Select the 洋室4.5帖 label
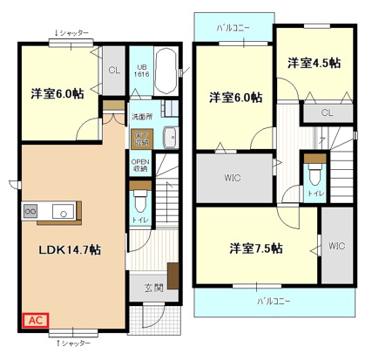[x=315, y=64]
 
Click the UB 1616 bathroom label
[x=140, y=72]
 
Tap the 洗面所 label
[x=141, y=115]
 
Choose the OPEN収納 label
[x=140, y=165]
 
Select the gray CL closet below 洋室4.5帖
[x=327, y=112]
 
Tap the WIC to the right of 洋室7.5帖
[x=336, y=247]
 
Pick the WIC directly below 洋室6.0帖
[x=232, y=179]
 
